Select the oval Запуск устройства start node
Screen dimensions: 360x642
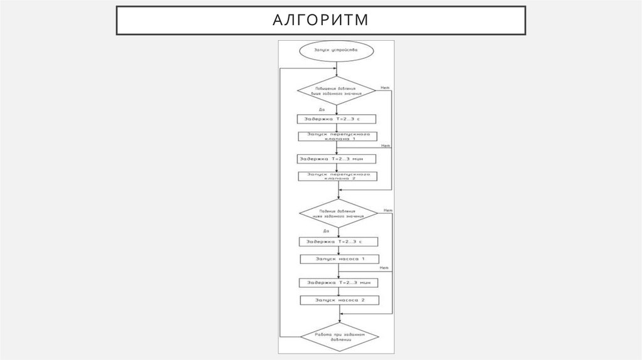(x=337, y=50)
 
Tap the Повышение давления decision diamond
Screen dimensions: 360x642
(x=337, y=91)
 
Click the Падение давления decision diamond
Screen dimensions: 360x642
(x=338, y=214)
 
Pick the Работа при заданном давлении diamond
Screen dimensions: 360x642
(x=338, y=336)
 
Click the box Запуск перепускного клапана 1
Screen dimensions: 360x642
(x=337, y=136)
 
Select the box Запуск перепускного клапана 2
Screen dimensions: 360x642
(x=337, y=176)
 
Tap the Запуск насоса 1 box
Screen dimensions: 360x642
(x=339, y=258)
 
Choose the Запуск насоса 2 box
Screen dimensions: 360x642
(x=339, y=300)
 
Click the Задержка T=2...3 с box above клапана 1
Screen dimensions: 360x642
(x=337, y=118)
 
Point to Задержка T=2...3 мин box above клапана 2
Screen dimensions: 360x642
(x=337, y=159)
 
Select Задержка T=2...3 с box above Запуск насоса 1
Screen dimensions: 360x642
(x=339, y=241)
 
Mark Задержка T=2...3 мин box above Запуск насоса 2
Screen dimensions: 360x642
(x=339, y=282)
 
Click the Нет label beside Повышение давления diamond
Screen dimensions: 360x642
(x=385, y=88)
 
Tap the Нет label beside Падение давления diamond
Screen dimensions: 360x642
(x=388, y=209)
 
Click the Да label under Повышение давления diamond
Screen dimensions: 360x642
(x=304, y=110)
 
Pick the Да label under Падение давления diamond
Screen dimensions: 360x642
(x=307, y=232)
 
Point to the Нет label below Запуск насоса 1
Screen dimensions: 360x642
(x=384, y=268)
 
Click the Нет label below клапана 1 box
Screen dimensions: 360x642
(x=385, y=146)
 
